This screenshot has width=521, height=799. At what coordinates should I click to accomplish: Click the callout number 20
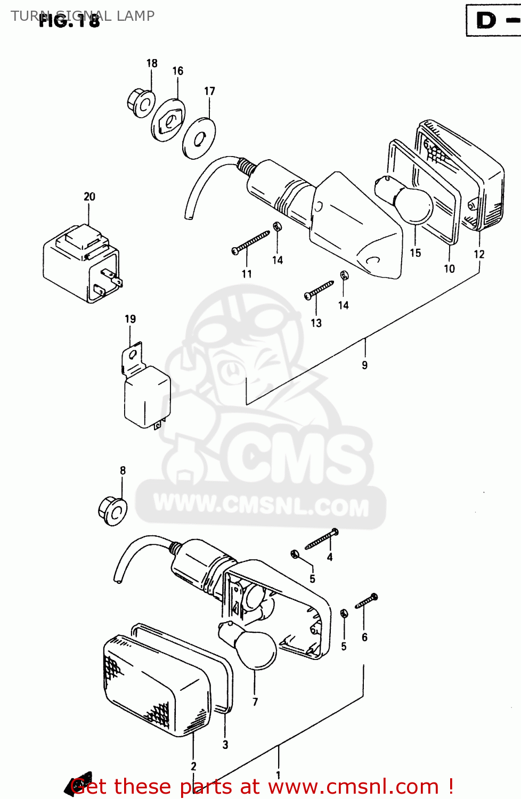click(x=89, y=197)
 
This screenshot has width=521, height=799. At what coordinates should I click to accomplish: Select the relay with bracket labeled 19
click(x=145, y=392)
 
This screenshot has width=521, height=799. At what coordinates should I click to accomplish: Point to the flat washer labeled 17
click(x=199, y=138)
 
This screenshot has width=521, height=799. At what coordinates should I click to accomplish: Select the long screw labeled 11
click(x=251, y=243)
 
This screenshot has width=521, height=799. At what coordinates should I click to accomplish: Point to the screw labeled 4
click(x=322, y=540)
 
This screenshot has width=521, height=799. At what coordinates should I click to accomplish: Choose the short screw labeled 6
click(x=367, y=601)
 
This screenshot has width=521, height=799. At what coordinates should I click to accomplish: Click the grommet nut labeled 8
click(x=113, y=511)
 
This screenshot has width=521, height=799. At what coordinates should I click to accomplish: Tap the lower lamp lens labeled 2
click(x=154, y=687)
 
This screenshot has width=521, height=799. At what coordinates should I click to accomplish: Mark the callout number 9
click(x=364, y=365)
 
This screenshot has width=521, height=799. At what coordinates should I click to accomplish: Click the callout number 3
click(x=225, y=745)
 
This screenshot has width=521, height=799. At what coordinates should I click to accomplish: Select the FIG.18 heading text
click(x=69, y=21)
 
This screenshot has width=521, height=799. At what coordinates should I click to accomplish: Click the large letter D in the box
click(x=486, y=21)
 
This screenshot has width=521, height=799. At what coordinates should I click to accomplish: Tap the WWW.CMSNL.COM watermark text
click(x=261, y=506)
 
